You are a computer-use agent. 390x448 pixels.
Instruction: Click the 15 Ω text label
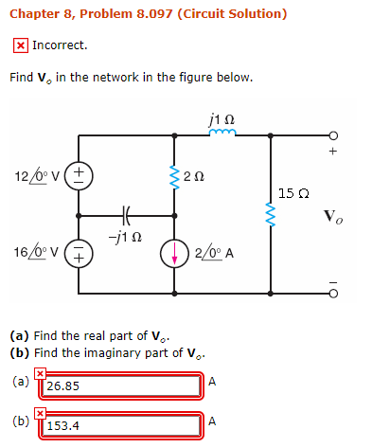[x=292, y=194]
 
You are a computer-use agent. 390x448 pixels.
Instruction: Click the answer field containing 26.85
[x=121, y=385]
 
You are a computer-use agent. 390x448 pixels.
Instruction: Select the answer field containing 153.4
[x=121, y=425]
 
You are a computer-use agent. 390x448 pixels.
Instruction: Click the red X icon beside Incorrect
[x=20, y=45]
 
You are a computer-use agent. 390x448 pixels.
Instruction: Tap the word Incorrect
[x=60, y=45]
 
